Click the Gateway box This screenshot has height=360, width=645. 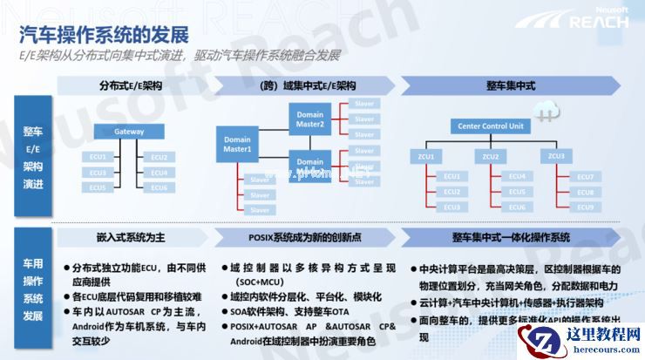tap(130, 132)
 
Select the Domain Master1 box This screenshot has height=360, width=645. tap(238, 145)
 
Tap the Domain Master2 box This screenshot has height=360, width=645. tap(310, 119)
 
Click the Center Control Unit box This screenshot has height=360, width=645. tap(491, 126)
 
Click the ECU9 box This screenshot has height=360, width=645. tap(585, 207)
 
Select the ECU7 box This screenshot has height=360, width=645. tap(585, 177)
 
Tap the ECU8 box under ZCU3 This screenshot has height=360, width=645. tap(585, 192)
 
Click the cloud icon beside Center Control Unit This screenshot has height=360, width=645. tap(551, 108)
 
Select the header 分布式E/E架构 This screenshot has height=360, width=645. tap(131, 85)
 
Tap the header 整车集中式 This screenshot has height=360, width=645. tap(511, 85)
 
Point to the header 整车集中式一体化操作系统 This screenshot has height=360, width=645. tap(511, 237)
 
